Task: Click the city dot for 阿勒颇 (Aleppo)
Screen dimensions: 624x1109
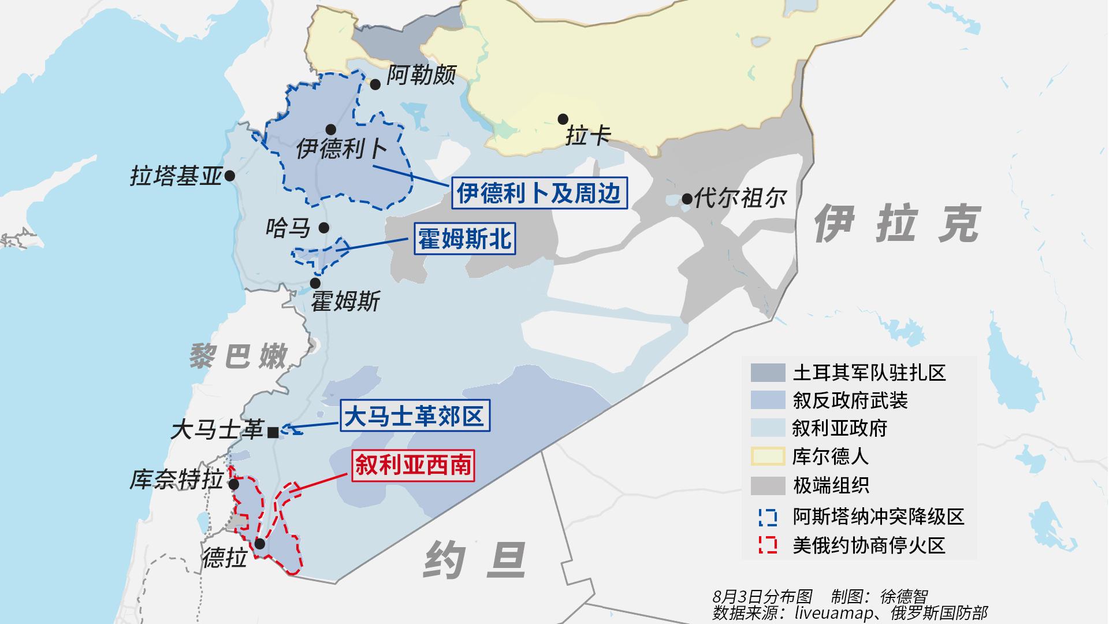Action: (375, 84)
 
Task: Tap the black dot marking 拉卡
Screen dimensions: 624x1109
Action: (563, 119)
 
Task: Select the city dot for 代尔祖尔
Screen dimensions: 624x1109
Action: (687, 199)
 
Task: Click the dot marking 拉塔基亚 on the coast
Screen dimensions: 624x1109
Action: (229, 176)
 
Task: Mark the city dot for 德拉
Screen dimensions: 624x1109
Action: (260, 544)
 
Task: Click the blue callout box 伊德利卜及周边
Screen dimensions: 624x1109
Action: (538, 192)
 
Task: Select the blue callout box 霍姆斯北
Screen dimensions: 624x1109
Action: (464, 239)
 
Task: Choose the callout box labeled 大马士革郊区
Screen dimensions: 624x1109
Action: (414, 415)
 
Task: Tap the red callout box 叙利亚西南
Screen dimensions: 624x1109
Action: (413, 465)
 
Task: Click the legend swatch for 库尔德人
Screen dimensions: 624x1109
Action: (768, 456)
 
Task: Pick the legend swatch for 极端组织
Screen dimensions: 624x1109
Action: (768, 485)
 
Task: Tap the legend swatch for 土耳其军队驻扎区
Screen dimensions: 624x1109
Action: (768, 373)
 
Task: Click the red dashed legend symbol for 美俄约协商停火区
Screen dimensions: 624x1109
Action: (768, 545)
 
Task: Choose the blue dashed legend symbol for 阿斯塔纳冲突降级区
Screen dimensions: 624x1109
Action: (768, 517)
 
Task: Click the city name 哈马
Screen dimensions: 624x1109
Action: (288, 228)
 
